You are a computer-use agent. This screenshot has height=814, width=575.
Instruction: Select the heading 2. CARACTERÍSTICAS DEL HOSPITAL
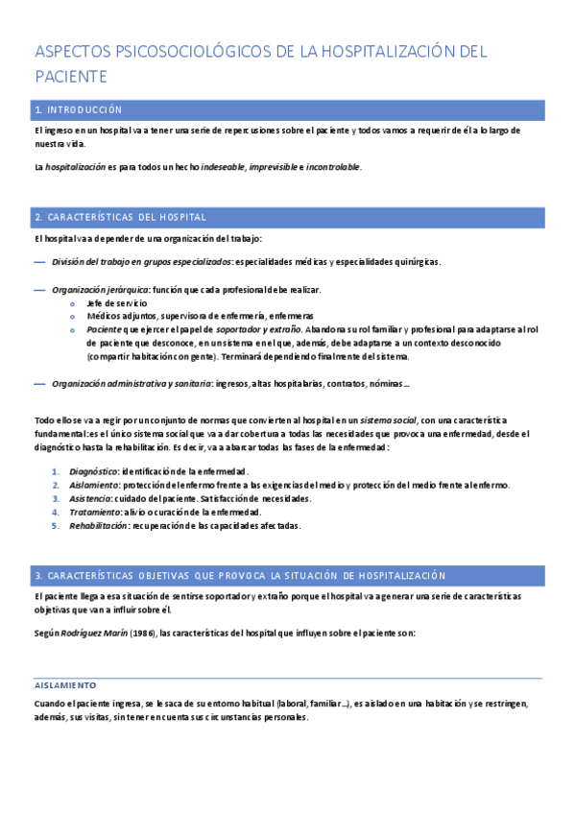pyautogui.click(x=119, y=217)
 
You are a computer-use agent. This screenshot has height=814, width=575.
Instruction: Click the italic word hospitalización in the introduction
pyautogui.click(x=76, y=167)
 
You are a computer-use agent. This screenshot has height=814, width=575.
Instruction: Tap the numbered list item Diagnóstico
pyautogui.click(x=91, y=471)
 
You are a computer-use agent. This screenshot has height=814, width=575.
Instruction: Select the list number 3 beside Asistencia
pyautogui.click(x=56, y=498)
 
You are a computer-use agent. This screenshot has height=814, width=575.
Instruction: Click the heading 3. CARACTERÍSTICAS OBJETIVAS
pyautogui.click(x=240, y=575)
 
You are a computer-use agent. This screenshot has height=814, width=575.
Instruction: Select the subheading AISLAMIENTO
pyautogui.click(x=65, y=685)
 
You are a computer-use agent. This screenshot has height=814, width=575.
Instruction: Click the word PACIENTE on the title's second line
pyautogui.click(x=70, y=76)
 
